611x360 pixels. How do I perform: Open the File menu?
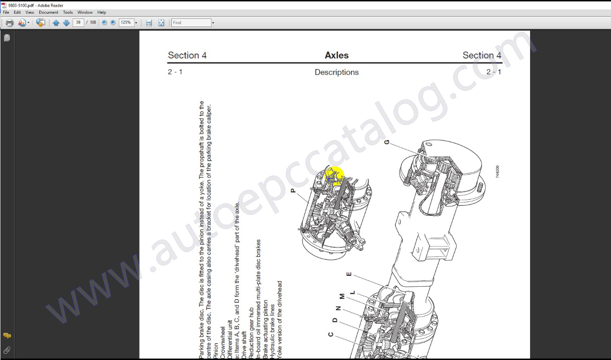(6, 12)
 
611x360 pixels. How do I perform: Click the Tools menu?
(68, 12)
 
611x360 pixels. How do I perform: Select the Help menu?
(102, 12)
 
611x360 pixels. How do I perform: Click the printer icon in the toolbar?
(9, 23)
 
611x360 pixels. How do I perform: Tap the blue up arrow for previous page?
(56, 23)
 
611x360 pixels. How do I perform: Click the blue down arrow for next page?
(66, 23)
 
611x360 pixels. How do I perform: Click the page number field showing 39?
(78, 23)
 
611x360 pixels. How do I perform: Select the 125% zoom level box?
(126, 23)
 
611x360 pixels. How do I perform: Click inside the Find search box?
(191, 23)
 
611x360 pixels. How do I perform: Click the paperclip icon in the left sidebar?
(7, 351)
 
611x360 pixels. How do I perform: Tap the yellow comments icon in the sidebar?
(7, 335)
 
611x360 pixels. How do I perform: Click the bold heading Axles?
(336, 55)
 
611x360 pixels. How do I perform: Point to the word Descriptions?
(336, 72)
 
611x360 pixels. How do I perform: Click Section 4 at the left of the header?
(187, 55)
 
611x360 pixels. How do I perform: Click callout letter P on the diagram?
(293, 190)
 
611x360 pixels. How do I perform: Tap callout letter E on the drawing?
(349, 274)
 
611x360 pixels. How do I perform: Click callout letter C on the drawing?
(331, 334)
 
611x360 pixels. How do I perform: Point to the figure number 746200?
(497, 171)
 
